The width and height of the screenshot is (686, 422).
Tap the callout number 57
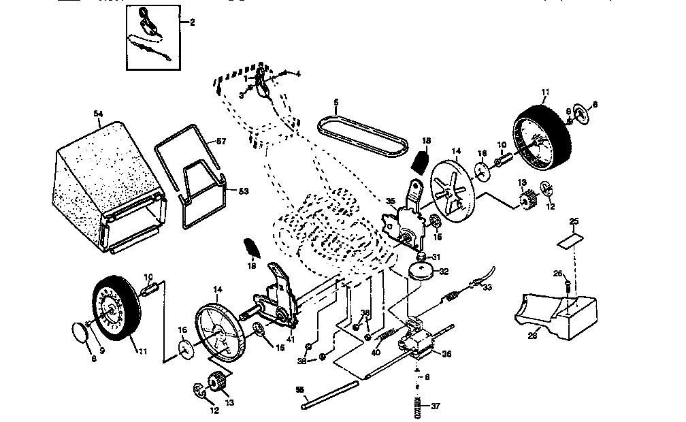click(220, 141)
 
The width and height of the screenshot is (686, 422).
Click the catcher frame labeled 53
click(201, 184)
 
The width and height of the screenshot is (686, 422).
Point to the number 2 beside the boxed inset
click(192, 22)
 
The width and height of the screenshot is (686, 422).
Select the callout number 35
click(390, 201)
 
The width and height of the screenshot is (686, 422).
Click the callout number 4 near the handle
click(297, 72)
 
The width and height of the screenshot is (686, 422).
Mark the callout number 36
click(446, 353)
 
